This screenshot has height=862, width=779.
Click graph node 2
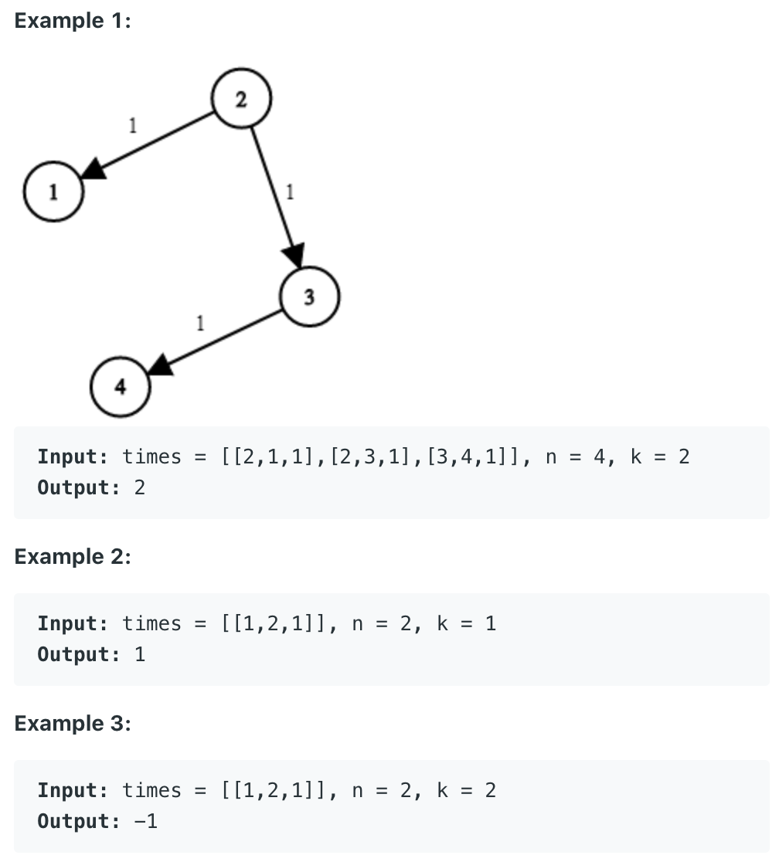tap(240, 100)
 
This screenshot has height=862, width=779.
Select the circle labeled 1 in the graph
tap(53, 192)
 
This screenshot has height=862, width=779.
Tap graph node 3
tap(309, 297)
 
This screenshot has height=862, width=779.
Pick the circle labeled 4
tap(120, 386)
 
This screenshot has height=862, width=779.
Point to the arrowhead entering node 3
tap(296, 255)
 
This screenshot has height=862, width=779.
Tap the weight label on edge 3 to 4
tap(200, 322)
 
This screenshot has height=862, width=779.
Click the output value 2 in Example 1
tap(140, 488)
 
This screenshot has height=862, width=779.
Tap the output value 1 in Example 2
tap(140, 655)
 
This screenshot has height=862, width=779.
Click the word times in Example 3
tap(151, 791)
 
